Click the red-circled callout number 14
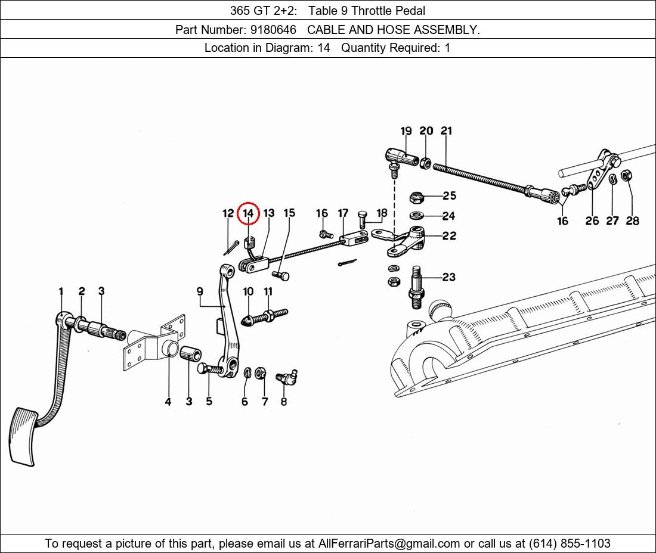click(248, 213)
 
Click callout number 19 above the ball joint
click(406, 131)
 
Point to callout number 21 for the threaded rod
click(447, 131)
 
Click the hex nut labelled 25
click(417, 196)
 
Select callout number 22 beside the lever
click(449, 236)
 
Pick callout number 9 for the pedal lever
click(200, 291)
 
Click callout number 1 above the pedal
click(61, 291)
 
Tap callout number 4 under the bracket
click(168, 402)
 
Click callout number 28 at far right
click(633, 220)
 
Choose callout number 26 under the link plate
click(592, 220)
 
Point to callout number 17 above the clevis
click(343, 213)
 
